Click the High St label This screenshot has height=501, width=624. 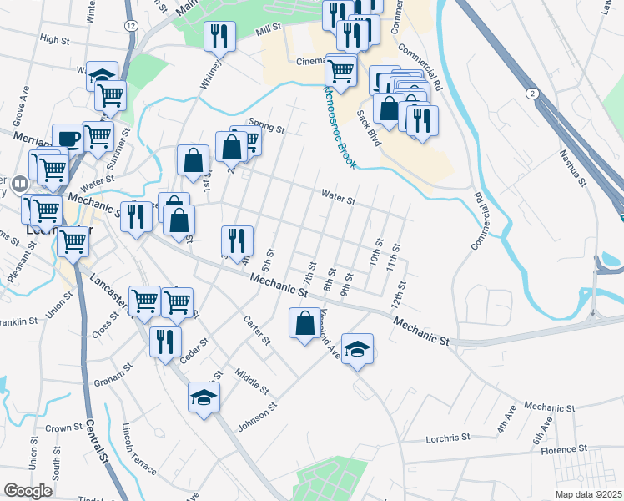click(53, 39)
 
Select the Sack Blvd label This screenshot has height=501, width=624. click(368, 128)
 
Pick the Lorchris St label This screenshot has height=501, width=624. click(449, 436)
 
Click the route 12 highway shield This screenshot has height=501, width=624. click(130, 26)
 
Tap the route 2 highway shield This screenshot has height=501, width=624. click(531, 92)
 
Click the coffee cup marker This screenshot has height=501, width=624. click(68, 137)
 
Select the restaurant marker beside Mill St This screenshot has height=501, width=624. click(219, 35)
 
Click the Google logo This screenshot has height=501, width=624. click(28, 491)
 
